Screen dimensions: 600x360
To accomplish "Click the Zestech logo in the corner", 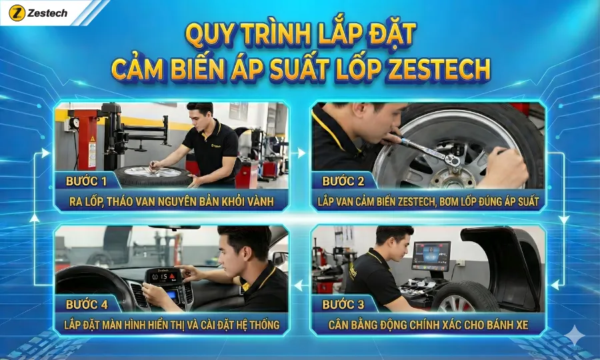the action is [38, 13].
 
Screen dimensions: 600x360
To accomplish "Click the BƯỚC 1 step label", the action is [86, 181].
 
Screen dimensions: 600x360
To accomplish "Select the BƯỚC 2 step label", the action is [343, 181].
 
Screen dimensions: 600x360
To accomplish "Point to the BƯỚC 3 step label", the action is [343, 305].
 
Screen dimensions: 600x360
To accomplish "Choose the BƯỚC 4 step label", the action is [87, 305].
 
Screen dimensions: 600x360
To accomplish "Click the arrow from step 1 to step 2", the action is [298, 153].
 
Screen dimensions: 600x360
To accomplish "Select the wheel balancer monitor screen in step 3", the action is [431, 255].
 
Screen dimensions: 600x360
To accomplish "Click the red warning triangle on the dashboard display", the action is [172, 276].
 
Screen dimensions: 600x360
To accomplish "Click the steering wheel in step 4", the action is [95, 287].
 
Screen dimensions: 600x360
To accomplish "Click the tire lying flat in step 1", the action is [153, 175].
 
